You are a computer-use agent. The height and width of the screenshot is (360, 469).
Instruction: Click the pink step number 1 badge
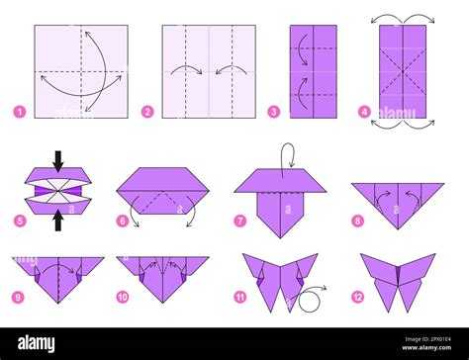[19, 112]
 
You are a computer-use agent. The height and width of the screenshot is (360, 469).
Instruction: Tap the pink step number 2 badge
[146, 112]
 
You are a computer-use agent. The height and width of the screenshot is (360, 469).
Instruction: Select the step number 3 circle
[273, 112]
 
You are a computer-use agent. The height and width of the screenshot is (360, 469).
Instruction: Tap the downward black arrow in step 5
[57, 160]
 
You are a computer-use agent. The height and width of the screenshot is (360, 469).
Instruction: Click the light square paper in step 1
[80, 72]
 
